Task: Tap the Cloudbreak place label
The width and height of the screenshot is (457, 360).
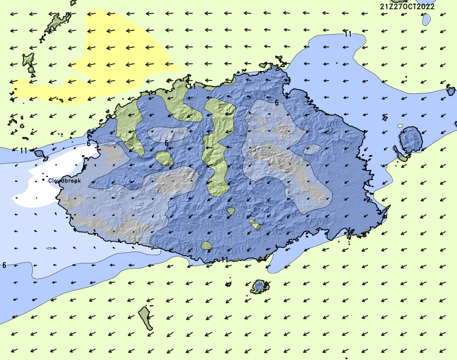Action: [65, 180]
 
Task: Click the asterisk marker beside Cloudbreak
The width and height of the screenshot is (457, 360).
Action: [44, 180]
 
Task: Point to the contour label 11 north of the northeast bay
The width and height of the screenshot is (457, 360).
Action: [348, 34]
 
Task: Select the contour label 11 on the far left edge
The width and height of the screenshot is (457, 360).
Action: [24, 151]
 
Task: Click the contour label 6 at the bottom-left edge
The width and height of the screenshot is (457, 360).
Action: [4, 265]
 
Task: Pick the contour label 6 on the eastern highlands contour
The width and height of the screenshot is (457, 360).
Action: [277, 102]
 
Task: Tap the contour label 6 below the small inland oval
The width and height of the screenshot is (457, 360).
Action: [167, 143]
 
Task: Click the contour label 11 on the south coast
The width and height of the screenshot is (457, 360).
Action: [224, 259]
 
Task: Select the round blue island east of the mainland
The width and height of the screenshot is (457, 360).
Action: [411, 140]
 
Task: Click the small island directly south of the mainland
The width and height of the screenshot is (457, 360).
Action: [260, 286]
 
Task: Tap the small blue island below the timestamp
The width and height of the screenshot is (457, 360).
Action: [426, 19]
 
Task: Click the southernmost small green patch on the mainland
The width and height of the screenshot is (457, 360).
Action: [206, 245]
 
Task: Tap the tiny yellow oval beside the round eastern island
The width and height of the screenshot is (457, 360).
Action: [401, 126]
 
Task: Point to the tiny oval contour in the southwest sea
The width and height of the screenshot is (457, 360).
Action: [49, 248]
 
